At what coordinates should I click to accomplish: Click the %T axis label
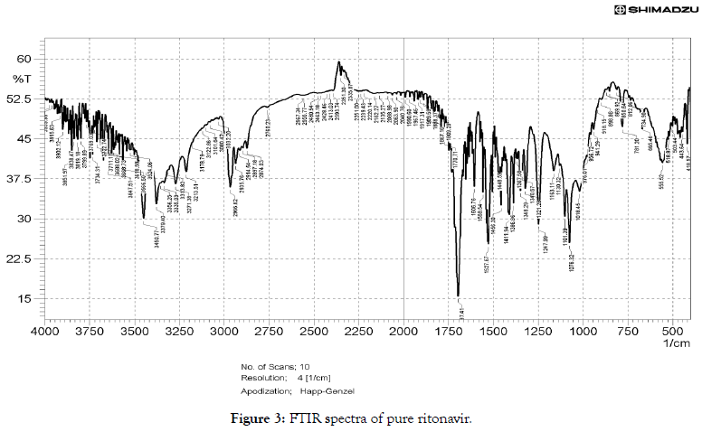19,78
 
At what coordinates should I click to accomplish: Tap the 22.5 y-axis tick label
19,258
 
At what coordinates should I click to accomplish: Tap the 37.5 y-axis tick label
19,179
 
